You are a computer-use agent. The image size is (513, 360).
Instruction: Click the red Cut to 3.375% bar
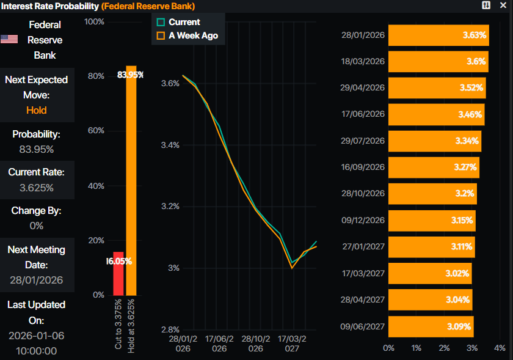118,274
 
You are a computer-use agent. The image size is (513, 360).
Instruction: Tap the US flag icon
9,40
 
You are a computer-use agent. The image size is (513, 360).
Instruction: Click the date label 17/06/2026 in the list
362,114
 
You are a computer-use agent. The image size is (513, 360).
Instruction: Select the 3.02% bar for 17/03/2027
429,273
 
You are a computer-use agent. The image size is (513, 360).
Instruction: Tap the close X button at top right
502,6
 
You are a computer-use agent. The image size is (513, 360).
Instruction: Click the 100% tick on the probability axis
94,22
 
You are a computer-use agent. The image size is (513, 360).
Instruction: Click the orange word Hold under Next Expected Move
37,110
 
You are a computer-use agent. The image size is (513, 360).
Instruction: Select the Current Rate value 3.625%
37,188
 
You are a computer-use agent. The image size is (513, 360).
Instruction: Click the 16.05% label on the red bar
118,261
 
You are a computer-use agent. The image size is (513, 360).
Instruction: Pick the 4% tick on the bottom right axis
500,348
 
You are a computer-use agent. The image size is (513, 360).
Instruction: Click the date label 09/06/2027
362,326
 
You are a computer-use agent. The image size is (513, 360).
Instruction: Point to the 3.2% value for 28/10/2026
464,194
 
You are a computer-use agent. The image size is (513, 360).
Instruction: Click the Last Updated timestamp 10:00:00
37,351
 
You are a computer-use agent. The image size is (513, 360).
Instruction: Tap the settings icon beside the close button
486,6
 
